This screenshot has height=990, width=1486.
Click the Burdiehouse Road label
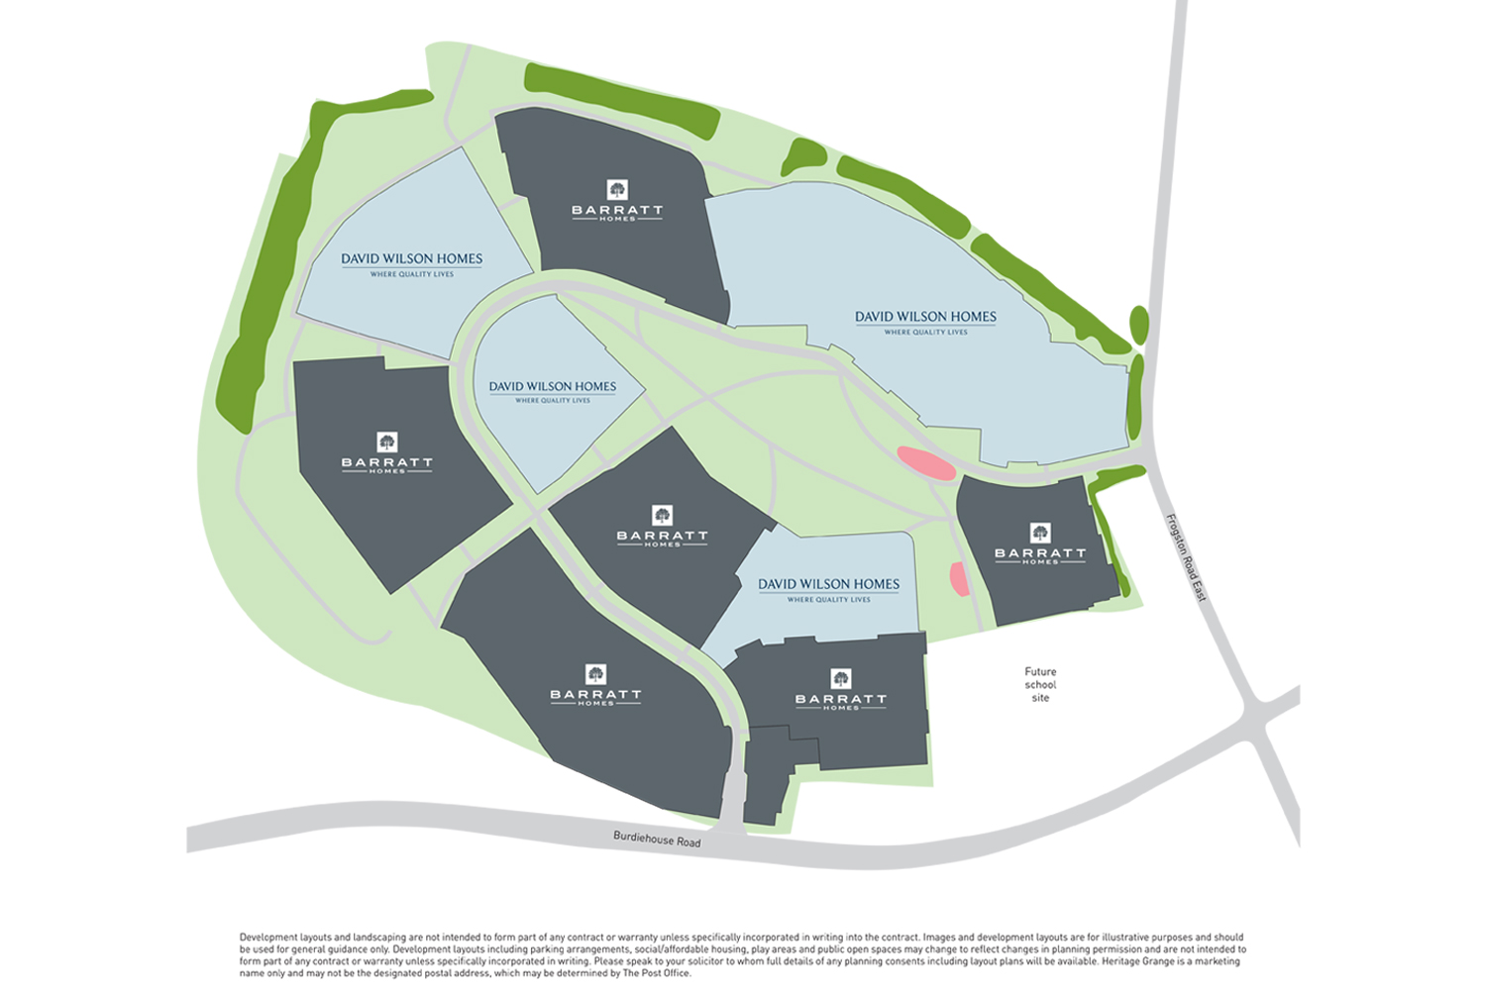(657, 840)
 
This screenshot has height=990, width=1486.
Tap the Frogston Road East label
(1185, 557)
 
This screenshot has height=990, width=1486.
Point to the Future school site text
(1040, 684)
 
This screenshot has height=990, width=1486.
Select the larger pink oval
(926, 463)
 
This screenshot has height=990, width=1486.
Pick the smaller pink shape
(959, 579)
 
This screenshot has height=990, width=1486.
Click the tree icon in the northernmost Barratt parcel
(617, 189)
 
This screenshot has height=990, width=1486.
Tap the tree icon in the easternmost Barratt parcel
(1040, 534)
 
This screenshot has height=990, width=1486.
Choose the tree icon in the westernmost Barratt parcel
(387, 442)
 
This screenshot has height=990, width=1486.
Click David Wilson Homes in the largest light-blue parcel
(925, 317)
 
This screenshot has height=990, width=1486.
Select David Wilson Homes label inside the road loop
(552, 386)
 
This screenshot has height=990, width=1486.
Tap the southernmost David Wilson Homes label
(828, 584)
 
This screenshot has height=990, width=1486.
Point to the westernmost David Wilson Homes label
(411, 258)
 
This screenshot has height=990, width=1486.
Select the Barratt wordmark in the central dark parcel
(662, 536)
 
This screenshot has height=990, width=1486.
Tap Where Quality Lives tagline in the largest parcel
(925, 333)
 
